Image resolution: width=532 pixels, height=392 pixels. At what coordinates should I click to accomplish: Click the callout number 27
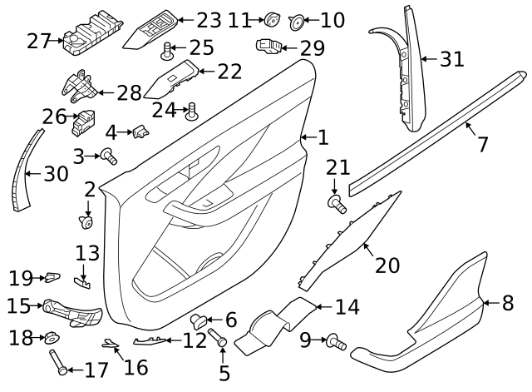point(39,41)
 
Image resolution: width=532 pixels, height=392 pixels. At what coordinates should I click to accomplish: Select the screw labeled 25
point(167,52)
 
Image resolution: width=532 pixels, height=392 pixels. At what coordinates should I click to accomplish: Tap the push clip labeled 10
point(297,22)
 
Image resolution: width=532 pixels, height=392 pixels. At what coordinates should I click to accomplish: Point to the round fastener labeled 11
point(273,19)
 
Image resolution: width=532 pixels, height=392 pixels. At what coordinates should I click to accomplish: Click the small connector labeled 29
point(269,46)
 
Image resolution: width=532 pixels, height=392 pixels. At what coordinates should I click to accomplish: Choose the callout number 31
point(452,59)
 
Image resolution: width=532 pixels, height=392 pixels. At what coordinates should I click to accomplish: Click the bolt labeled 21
point(337,204)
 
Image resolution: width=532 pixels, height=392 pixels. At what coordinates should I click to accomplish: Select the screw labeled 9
point(336,342)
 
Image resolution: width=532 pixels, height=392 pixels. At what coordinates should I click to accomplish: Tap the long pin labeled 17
point(58,362)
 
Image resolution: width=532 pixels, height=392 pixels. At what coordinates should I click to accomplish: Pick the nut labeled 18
point(52,337)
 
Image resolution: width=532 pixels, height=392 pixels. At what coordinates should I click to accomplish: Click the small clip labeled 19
point(52,277)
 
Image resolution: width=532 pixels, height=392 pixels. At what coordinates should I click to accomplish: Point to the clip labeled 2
point(86,222)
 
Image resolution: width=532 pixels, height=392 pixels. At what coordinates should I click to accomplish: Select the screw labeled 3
point(109,156)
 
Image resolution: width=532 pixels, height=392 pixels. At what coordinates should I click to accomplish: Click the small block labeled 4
point(141,131)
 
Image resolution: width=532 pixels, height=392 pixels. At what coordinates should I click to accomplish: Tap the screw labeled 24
point(192,112)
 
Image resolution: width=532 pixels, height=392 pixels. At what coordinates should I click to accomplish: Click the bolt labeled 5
point(218,337)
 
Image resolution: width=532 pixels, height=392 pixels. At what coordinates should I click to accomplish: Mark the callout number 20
point(387,265)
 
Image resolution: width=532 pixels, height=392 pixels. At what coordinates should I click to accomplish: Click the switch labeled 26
point(83,122)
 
